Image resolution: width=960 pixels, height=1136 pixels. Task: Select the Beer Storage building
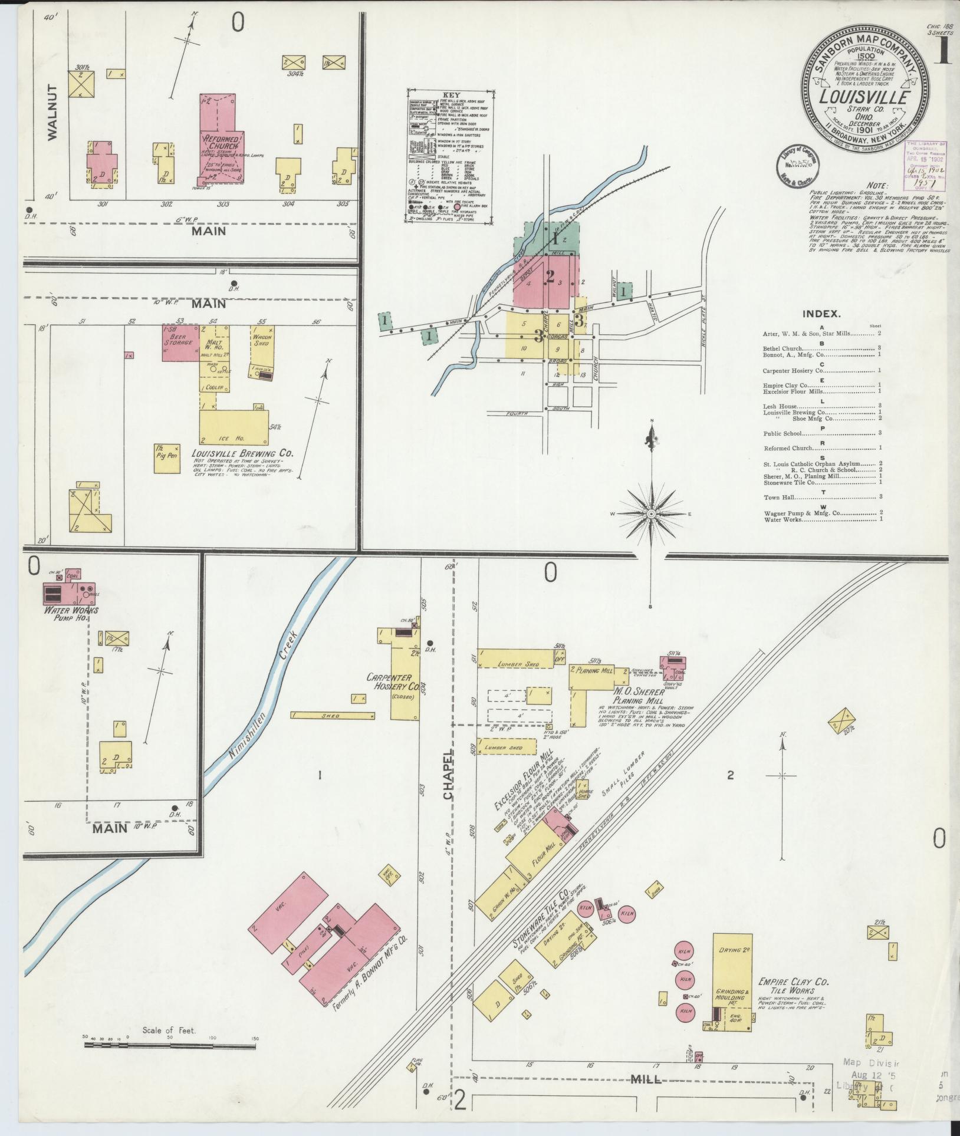pyautogui.click(x=180, y=343)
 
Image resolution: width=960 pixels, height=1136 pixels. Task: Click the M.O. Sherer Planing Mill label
pyautogui.click(x=640, y=696)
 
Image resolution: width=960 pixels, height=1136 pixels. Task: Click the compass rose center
pyautogui.click(x=651, y=514)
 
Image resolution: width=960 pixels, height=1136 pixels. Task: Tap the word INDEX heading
pyautogui.click(x=821, y=315)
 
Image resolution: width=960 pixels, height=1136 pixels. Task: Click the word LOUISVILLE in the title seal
pyautogui.click(x=866, y=98)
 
